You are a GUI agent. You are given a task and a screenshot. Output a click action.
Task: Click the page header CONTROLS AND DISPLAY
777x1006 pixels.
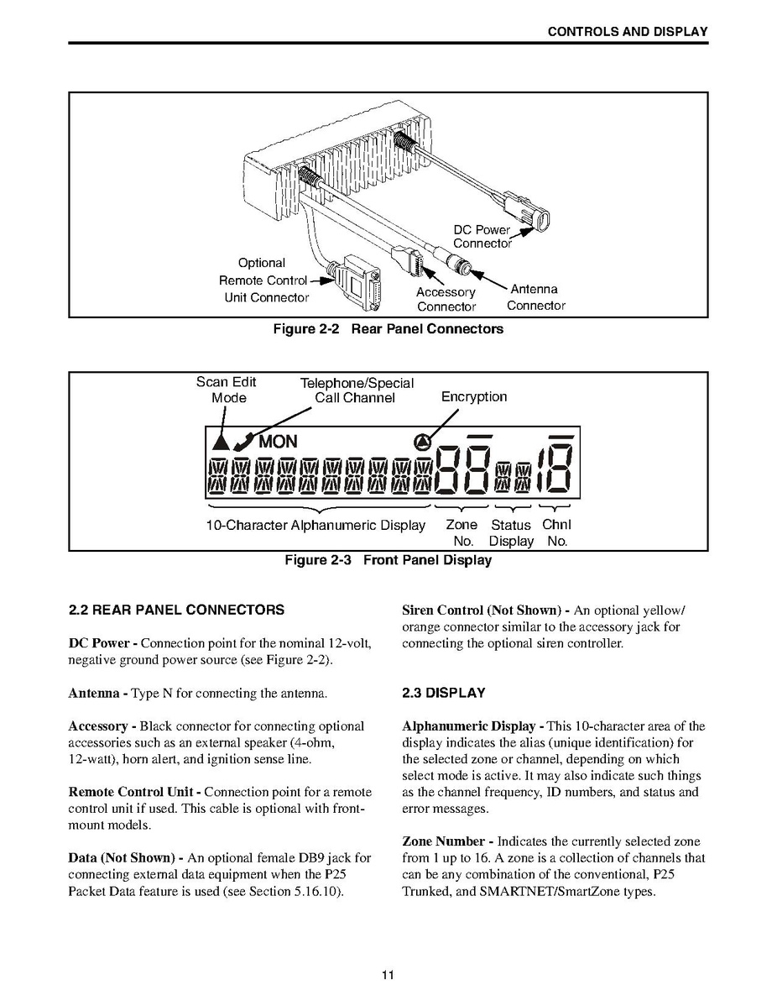(627, 32)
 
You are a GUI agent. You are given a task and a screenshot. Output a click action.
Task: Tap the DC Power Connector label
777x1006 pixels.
(482, 236)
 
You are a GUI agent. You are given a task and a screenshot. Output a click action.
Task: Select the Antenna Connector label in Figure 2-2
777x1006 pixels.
(535, 297)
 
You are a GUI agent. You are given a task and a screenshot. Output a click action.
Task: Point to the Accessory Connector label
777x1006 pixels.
(446, 299)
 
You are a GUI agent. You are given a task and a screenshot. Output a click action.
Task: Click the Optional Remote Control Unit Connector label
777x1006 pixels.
(263, 280)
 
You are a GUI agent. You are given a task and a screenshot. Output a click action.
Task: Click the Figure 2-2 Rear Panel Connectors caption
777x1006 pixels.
(388, 329)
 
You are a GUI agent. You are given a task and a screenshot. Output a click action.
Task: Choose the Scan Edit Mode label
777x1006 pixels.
(227, 390)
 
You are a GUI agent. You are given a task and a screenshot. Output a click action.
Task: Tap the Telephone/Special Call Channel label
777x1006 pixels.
(356, 390)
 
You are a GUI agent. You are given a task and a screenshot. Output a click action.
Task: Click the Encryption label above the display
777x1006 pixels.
(474, 397)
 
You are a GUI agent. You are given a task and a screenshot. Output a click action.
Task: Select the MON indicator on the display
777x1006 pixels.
(278, 442)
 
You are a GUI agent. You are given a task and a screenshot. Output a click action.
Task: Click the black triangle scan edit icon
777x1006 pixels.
(221, 440)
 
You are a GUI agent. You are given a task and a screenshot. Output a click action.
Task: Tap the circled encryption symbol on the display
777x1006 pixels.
(423, 441)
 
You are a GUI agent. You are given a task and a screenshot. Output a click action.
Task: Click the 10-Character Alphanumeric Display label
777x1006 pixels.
(315, 526)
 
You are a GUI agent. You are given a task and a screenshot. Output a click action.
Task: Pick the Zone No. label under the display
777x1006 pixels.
(462, 532)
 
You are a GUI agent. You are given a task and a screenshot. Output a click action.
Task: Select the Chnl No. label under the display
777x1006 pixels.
(556, 532)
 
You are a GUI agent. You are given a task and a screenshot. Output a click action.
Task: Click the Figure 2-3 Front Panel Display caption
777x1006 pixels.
(388, 560)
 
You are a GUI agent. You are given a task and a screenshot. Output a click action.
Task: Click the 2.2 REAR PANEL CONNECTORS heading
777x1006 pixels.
(176, 610)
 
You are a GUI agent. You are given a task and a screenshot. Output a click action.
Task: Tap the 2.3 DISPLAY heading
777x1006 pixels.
(444, 694)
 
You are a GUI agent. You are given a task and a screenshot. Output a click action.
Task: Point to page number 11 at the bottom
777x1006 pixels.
(388, 975)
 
